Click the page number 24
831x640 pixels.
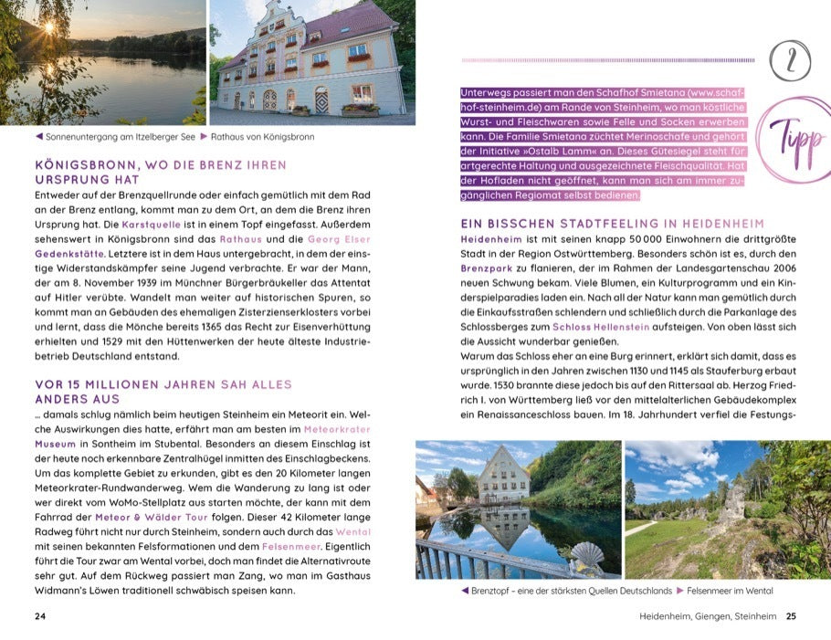(40, 615)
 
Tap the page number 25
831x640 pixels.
(791, 615)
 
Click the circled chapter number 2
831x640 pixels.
(790, 62)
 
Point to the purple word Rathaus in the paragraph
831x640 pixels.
(241, 238)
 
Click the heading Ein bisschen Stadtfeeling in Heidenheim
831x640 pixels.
(613, 224)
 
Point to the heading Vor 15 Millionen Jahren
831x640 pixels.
(164, 391)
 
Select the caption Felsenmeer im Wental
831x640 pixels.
(726, 591)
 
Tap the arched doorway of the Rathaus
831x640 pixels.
(321, 99)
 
